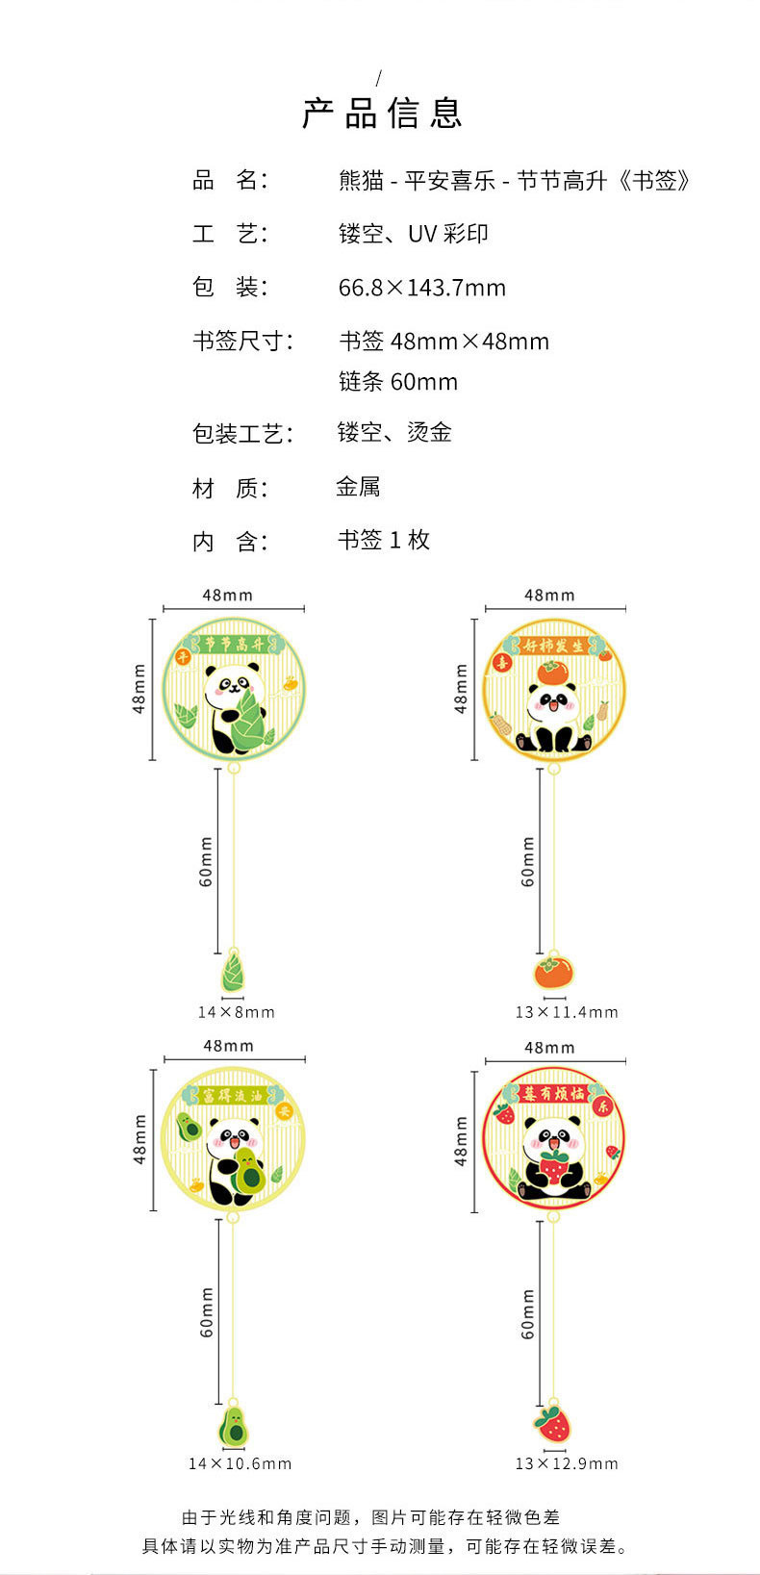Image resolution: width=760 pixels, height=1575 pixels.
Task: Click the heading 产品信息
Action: tap(382, 114)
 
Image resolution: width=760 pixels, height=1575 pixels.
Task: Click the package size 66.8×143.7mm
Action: tap(421, 288)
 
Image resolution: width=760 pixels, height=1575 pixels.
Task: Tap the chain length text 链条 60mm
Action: tap(397, 382)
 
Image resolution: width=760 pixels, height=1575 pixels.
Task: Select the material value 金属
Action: tap(358, 487)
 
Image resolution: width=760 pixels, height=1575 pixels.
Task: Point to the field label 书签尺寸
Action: tap(242, 341)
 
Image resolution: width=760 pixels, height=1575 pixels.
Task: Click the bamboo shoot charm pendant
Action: tap(233, 971)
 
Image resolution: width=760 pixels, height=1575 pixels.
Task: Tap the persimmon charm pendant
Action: tap(553, 971)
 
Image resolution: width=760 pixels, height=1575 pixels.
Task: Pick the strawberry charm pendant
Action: tap(552, 1422)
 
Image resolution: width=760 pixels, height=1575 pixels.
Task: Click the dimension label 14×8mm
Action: tap(236, 1012)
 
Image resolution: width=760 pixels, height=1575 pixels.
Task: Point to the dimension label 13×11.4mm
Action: tap(566, 1012)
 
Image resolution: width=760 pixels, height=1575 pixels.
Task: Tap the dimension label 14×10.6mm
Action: tap(240, 1463)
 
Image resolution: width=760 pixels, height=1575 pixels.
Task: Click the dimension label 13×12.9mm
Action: tap(566, 1463)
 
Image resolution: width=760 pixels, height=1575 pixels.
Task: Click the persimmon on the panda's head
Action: tap(553, 672)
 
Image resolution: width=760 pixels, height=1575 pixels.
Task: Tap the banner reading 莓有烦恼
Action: tap(554, 1094)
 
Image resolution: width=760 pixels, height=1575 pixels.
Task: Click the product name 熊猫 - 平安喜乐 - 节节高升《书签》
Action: tap(515, 181)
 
